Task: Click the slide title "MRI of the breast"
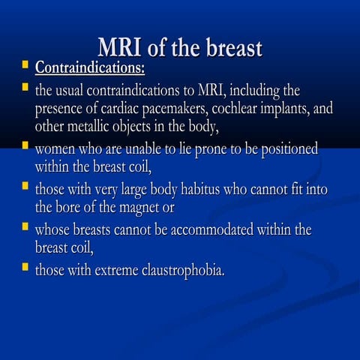[x=180, y=48]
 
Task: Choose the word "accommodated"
[x=210, y=230]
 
